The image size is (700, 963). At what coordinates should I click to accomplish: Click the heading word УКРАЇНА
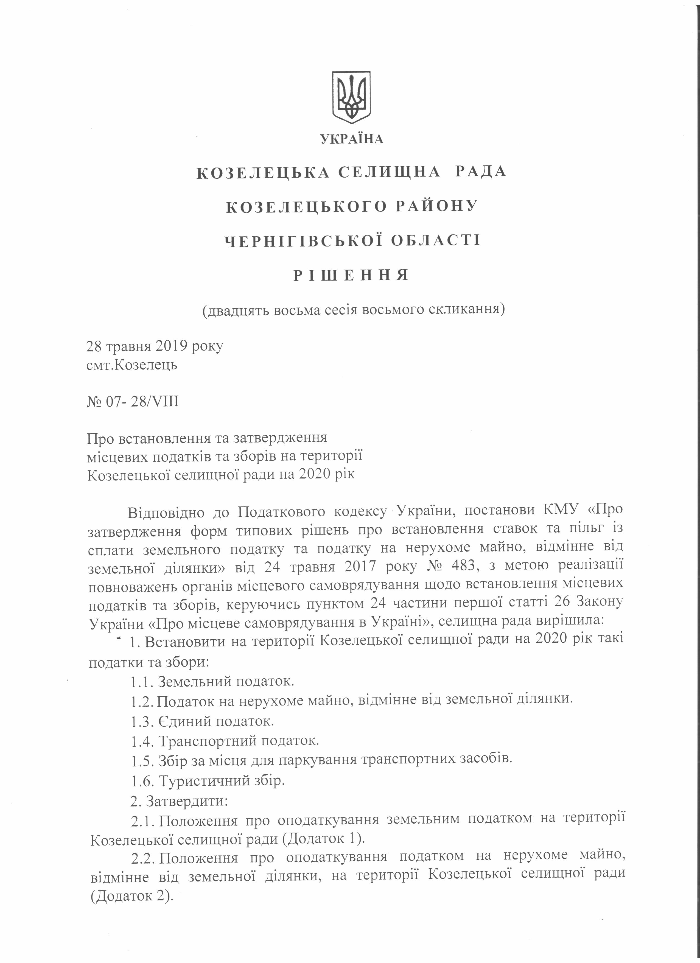point(352,139)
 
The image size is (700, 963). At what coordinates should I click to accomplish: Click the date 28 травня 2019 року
point(155,346)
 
